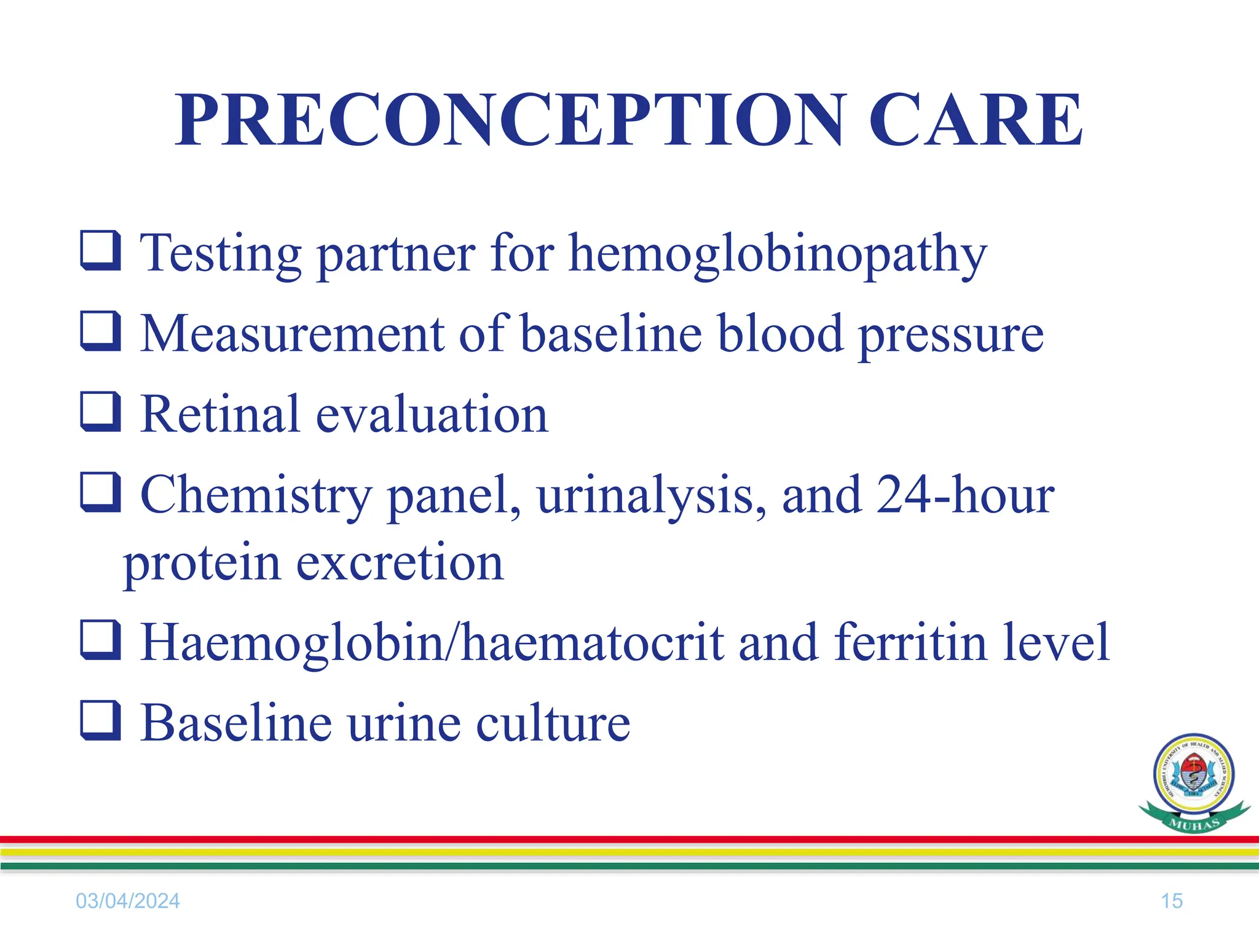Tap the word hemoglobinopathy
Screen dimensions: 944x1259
pyautogui.click(x=778, y=255)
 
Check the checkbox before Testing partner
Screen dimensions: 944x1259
pyautogui.click(x=100, y=250)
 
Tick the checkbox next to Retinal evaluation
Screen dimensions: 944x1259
pyautogui.click(x=100, y=412)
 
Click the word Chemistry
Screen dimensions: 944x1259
pyautogui.click(x=256, y=497)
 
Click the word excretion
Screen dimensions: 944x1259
pyautogui.click(x=400, y=563)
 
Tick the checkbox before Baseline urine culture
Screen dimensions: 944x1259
pyautogui.click(x=100, y=720)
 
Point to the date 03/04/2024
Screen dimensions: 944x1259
pyautogui.click(x=128, y=901)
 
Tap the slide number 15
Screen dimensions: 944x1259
pyautogui.click(x=1171, y=901)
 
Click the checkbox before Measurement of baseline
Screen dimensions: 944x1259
pyautogui.click(x=100, y=331)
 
